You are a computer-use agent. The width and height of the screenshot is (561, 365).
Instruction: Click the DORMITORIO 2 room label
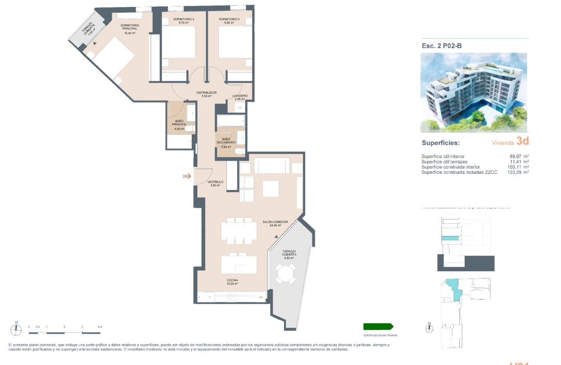click(183, 20)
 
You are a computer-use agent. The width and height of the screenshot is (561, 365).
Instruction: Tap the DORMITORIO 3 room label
click(229, 20)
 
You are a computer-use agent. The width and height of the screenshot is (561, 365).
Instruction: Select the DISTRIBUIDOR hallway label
click(206, 93)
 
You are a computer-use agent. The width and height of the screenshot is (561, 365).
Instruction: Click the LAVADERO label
click(240, 96)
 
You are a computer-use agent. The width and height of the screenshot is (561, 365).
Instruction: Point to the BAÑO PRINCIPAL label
click(178, 123)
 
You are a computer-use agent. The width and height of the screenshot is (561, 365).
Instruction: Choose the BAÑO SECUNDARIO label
click(226, 141)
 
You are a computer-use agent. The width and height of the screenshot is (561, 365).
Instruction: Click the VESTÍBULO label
click(215, 182)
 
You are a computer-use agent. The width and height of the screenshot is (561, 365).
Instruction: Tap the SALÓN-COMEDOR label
click(275, 222)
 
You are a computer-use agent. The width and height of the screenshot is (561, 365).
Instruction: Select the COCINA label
click(232, 280)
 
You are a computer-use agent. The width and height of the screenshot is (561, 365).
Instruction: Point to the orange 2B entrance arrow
click(189, 176)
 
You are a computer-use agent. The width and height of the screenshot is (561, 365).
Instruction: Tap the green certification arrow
click(378, 326)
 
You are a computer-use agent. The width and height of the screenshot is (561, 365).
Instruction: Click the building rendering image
click(474, 93)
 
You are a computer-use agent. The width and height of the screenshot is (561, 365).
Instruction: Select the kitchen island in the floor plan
click(239, 265)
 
